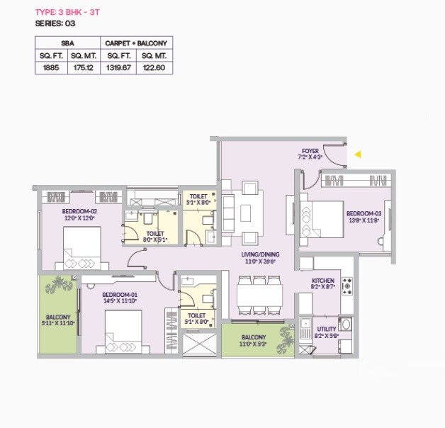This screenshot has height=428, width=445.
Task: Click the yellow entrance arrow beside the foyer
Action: click(x=359, y=154)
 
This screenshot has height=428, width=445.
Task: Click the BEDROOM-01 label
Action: click(x=119, y=298)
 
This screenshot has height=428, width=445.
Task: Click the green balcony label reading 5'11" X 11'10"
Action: click(x=59, y=320)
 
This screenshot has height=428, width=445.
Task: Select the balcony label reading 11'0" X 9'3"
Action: click(x=253, y=341)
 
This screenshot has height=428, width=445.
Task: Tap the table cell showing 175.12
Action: click(x=84, y=67)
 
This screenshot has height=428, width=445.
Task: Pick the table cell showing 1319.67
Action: click(x=119, y=67)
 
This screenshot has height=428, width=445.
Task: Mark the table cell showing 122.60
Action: click(x=154, y=67)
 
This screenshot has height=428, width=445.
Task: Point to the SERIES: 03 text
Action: click(x=55, y=23)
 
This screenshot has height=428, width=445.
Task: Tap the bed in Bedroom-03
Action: click(x=318, y=214)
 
